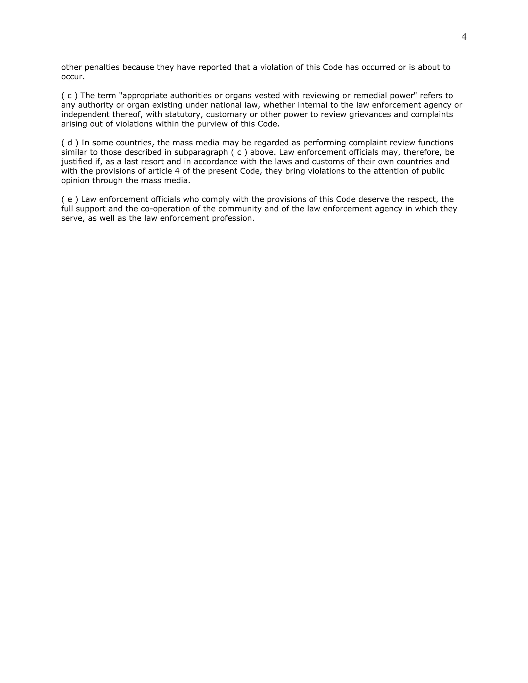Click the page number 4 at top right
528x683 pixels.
point(464,37)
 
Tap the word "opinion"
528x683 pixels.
point(75,181)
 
